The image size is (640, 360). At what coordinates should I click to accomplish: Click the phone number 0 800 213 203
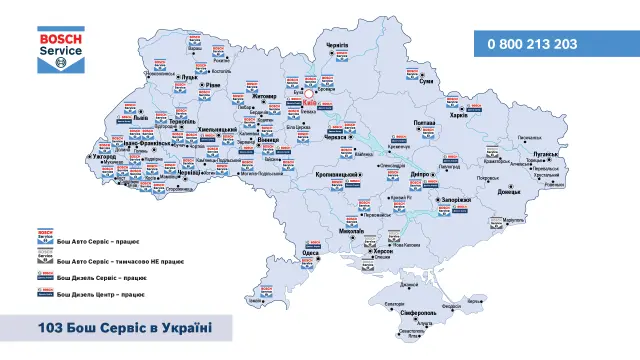(x=532, y=44)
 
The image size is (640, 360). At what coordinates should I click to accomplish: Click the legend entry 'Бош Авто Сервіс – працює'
(x=94, y=241)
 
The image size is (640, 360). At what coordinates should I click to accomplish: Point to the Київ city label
(x=309, y=103)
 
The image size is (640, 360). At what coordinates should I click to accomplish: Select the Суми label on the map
(x=423, y=85)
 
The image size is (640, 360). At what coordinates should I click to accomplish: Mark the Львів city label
(x=139, y=118)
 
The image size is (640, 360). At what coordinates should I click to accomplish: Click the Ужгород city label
(x=103, y=157)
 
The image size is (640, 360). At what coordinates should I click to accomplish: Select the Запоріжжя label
(x=455, y=200)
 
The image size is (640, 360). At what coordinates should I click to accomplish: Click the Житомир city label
(x=263, y=98)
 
